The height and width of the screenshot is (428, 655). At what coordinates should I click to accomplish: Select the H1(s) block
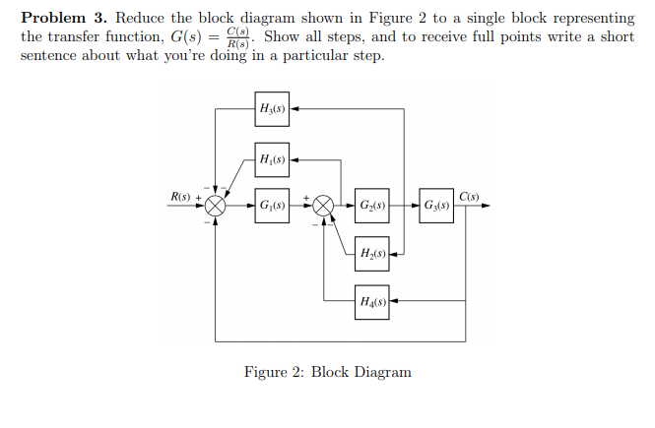[272, 159]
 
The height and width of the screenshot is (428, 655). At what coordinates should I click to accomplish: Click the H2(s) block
[371, 253]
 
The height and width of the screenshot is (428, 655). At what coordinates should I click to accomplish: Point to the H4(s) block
[371, 299]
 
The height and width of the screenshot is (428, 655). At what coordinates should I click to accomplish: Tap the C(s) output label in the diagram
[469, 197]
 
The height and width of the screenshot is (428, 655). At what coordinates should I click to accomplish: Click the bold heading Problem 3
[64, 19]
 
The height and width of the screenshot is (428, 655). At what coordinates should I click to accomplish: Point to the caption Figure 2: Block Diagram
[327, 372]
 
